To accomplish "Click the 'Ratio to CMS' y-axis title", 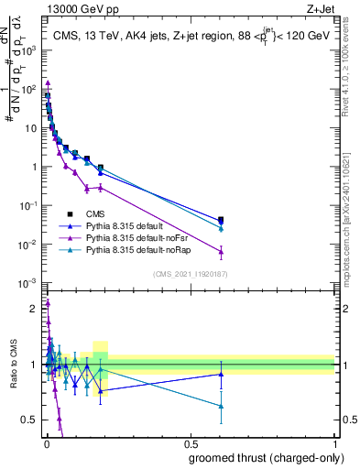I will pos(13,365).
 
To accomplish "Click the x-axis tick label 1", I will pos(336,444).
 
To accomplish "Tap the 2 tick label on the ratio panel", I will pos(36,309).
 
